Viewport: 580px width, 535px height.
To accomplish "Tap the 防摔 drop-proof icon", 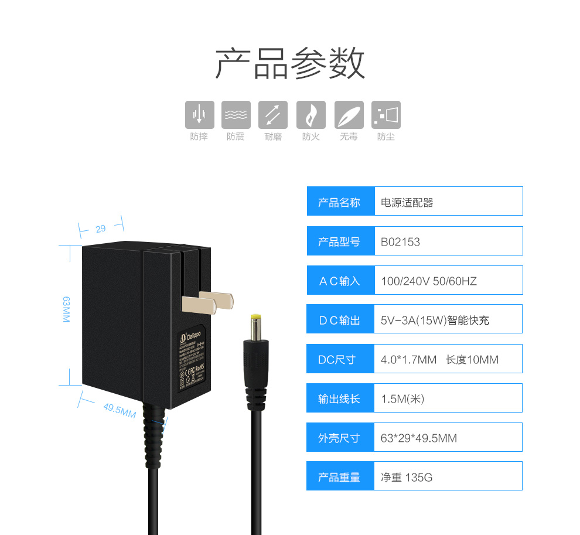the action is click(x=199, y=115).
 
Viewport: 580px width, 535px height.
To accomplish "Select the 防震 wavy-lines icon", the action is click(x=236, y=115).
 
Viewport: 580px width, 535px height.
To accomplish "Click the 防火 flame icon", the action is click(x=311, y=115).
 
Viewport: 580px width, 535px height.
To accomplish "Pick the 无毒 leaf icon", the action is click(x=349, y=115).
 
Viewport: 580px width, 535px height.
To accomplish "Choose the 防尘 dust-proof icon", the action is click(x=386, y=115).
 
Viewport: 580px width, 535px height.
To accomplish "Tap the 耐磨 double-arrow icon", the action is click(x=273, y=115).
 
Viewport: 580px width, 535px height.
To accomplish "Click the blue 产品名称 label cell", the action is click(x=340, y=202).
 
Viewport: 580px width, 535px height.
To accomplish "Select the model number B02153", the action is click(x=400, y=241).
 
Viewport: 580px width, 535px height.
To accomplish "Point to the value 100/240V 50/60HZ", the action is click(x=428, y=281).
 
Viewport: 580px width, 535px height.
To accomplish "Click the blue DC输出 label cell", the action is click(x=340, y=320).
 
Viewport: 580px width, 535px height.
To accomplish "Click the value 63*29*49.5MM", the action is click(x=418, y=438).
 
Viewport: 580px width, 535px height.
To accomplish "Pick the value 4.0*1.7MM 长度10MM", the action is click(x=439, y=359).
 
